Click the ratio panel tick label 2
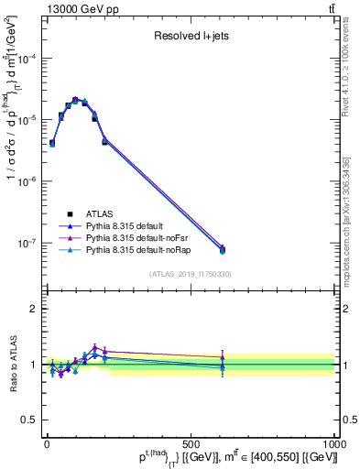[34, 309]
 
